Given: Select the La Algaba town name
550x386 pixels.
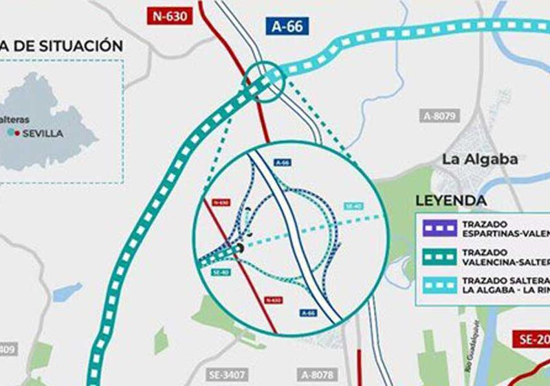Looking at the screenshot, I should pyautogui.click(x=480, y=159).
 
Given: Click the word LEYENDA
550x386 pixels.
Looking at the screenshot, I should pyautogui.click(x=451, y=201).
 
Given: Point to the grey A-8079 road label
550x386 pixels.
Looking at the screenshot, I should pyautogui.click(x=441, y=116).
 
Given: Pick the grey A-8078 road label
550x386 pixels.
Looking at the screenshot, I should pyautogui.click(x=318, y=374).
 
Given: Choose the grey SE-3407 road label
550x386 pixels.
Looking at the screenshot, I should pyautogui.click(x=228, y=374).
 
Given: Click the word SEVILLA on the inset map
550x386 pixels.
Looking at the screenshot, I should pyautogui.click(x=43, y=133).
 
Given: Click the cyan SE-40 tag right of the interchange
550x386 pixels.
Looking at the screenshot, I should pyautogui.click(x=353, y=206).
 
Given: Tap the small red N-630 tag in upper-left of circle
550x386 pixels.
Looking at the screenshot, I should pyautogui.click(x=221, y=203).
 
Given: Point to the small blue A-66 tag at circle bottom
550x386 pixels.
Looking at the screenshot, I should pyautogui.click(x=308, y=313).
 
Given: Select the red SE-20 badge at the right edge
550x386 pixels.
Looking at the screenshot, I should pyautogui.click(x=533, y=339).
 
